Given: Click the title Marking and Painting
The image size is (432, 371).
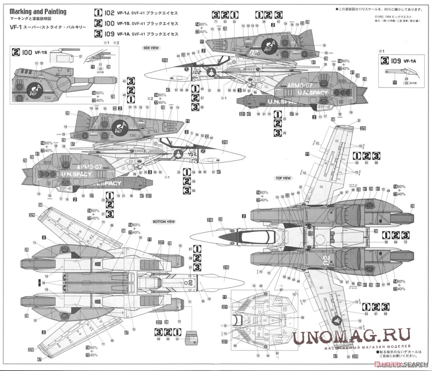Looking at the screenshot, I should (38, 11).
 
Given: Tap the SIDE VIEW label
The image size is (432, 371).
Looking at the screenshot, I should (151, 48).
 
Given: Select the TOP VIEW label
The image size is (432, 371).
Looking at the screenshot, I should (283, 178).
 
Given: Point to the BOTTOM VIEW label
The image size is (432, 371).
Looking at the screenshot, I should (163, 221).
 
